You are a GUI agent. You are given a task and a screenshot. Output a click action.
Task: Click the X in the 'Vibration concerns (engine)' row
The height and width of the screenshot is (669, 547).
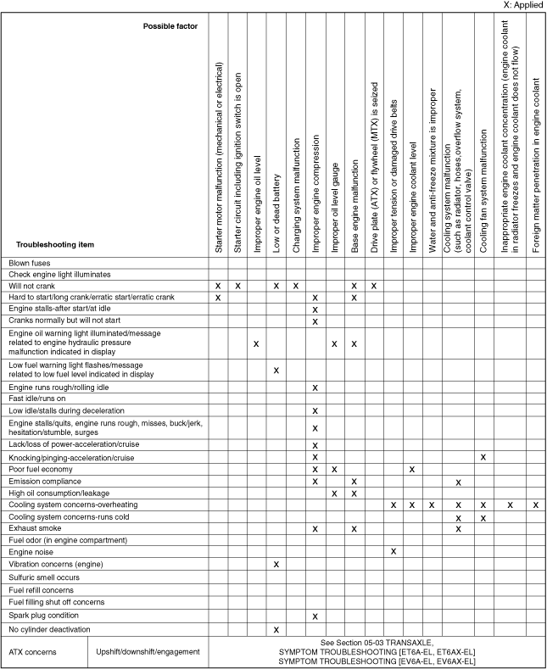pos(276,563)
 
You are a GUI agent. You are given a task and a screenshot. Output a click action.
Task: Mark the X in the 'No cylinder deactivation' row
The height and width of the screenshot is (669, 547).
pos(276,629)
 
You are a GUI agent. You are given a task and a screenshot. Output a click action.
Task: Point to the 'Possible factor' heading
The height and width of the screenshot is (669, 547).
pos(170,26)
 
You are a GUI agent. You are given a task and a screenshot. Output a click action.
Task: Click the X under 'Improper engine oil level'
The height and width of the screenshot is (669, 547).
pos(256,343)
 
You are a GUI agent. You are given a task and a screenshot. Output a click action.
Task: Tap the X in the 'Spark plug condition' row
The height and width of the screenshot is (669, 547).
pos(315,616)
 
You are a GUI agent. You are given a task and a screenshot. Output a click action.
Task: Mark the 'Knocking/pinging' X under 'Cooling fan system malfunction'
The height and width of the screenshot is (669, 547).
pos(483,457)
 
